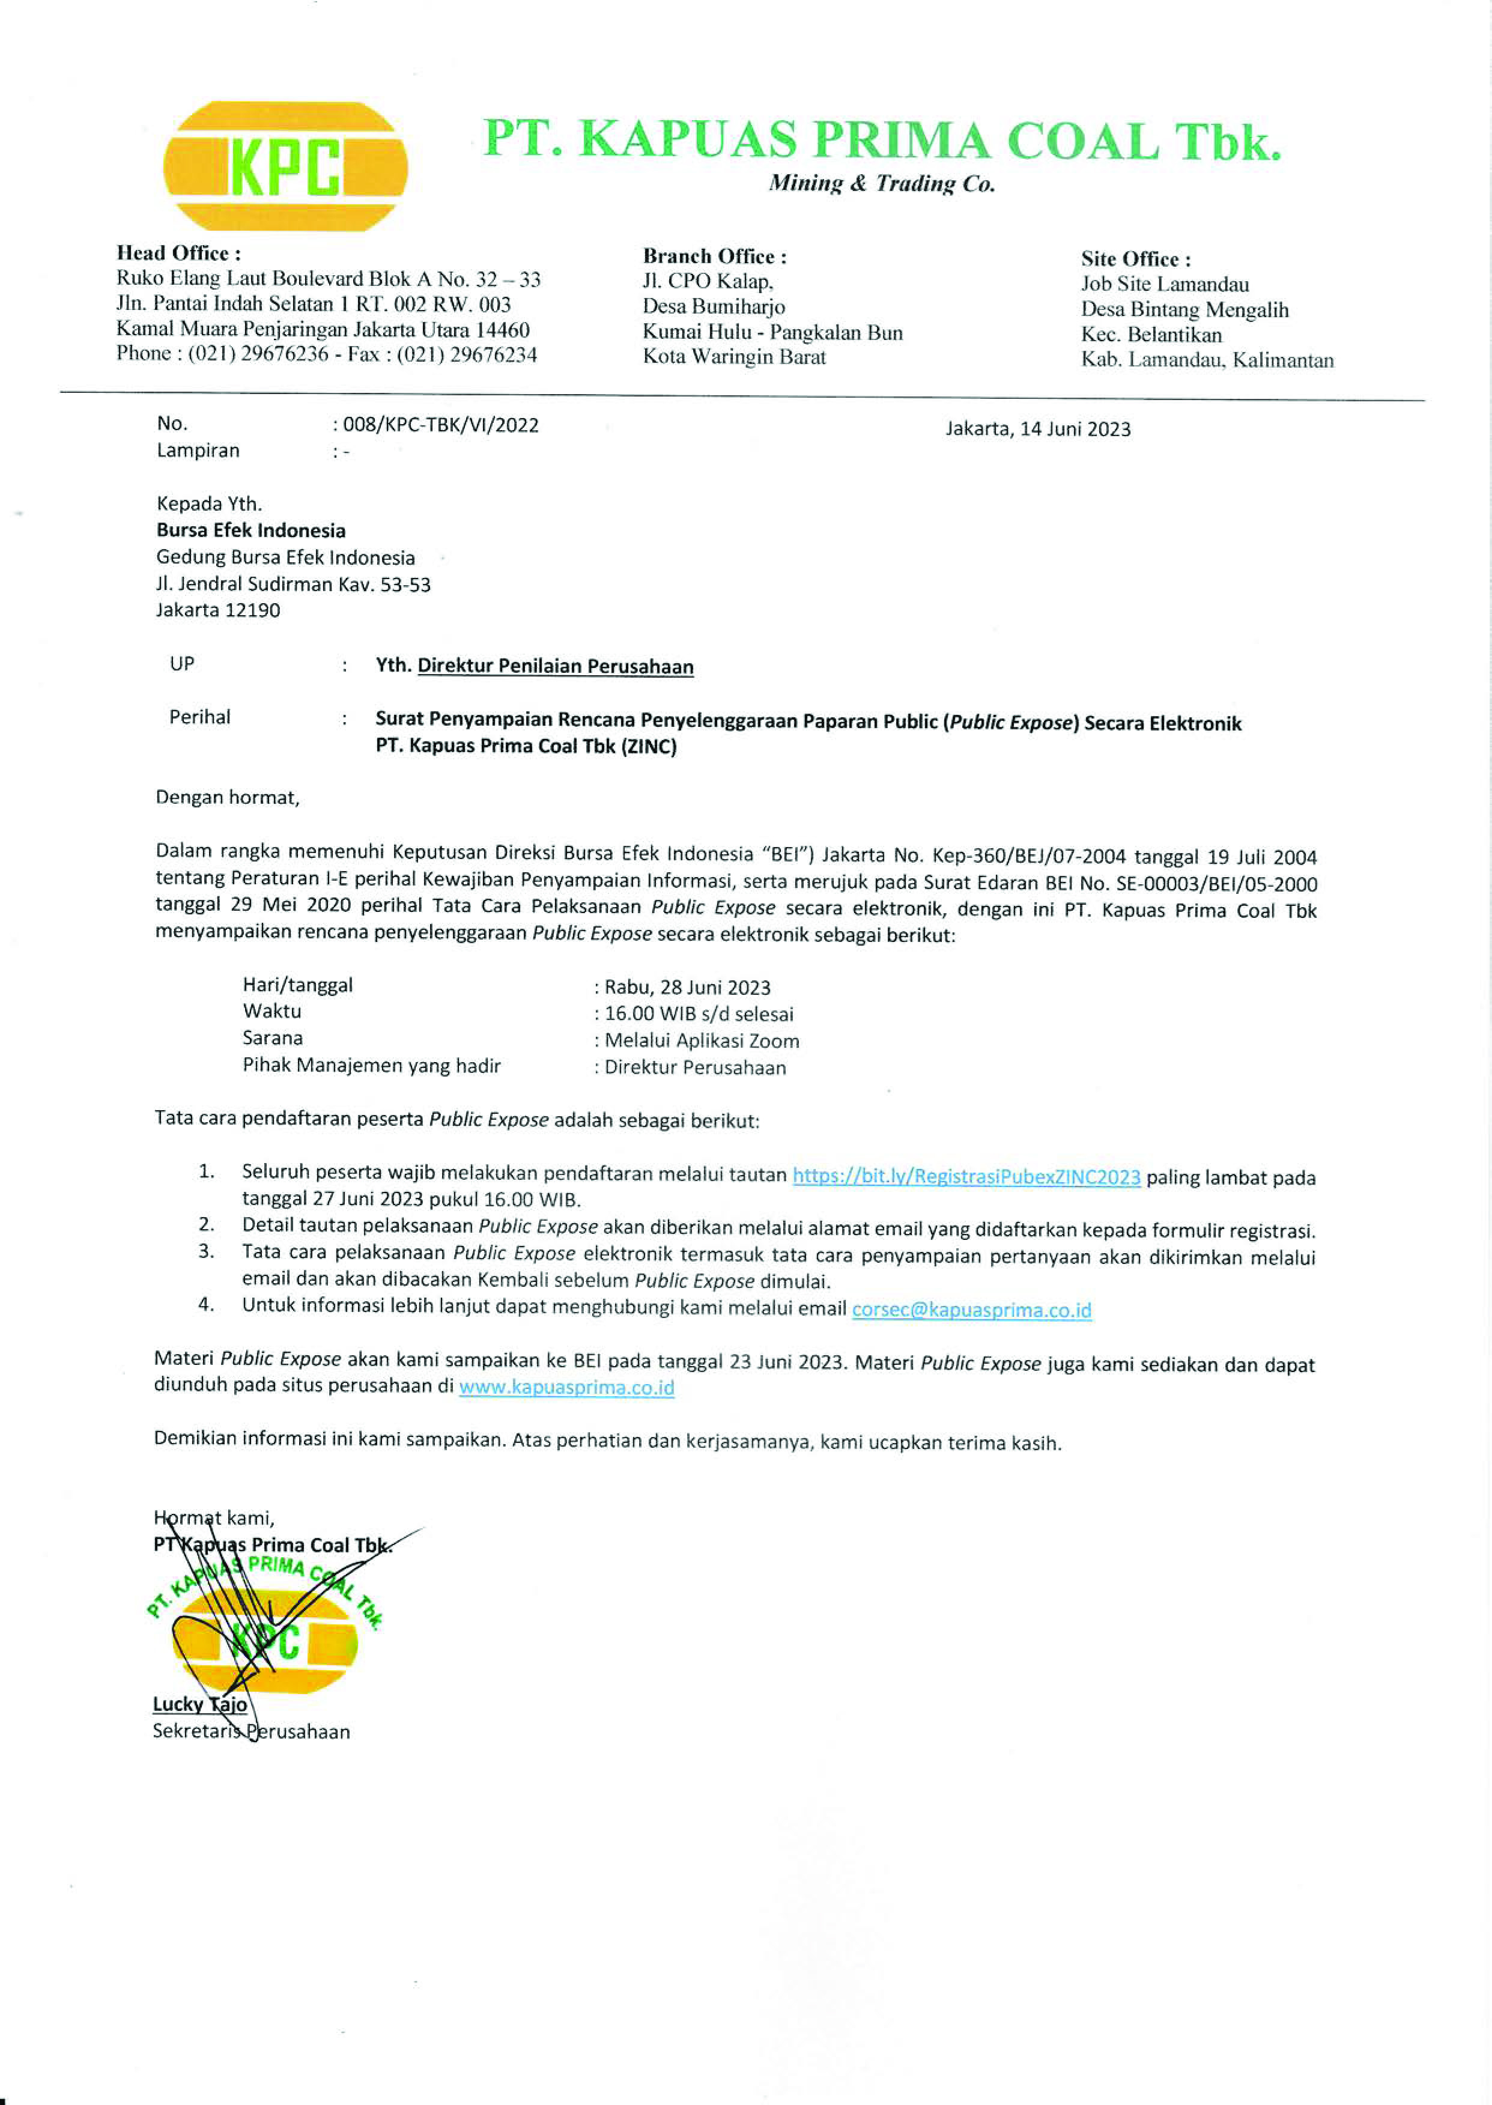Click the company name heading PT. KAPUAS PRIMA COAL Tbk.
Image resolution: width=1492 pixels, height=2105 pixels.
coord(881,142)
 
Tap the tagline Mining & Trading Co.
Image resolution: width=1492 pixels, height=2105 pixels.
coord(881,184)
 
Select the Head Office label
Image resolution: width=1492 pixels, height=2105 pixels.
coord(178,254)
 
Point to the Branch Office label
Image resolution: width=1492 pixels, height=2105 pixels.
coord(714,257)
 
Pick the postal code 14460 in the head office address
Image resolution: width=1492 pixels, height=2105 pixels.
coord(502,330)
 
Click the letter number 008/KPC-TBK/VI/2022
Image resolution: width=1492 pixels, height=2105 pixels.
coord(440,425)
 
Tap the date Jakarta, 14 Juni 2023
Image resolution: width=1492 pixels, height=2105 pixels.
coord(1037,429)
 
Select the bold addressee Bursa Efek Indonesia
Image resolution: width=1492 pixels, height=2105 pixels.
coord(251,530)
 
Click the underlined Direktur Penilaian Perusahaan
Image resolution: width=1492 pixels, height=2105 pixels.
coord(555,666)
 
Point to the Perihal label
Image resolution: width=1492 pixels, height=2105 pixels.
coord(199,717)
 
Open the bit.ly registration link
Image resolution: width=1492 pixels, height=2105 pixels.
coord(966,1177)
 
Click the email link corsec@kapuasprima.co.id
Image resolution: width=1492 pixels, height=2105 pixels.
coord(971,1310)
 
